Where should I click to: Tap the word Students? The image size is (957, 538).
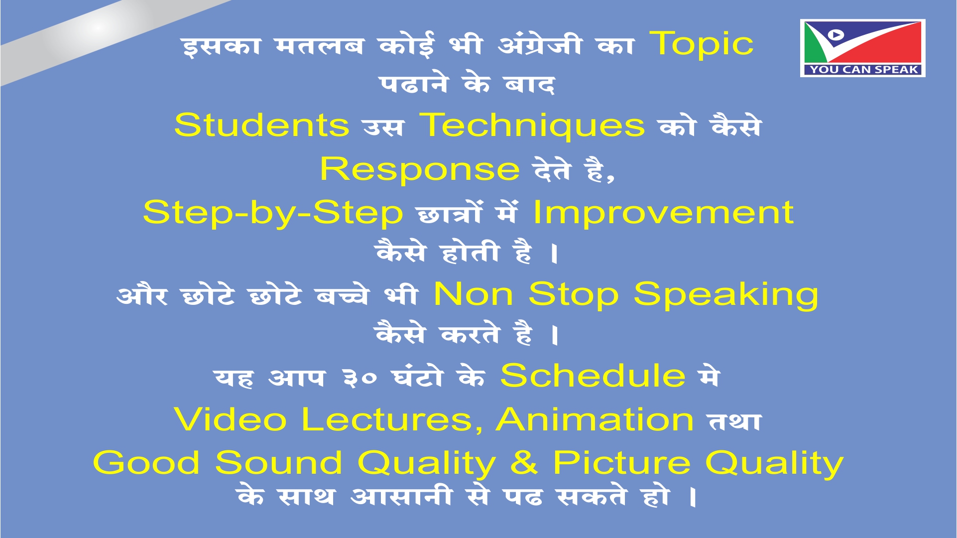[x=262, y=125]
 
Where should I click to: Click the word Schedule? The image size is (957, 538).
[x=593, y=375]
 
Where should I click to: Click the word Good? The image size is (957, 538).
[x=146, y=462]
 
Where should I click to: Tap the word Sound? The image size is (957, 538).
[x=278, y=462]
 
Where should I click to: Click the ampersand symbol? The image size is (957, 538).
[x=524, y=462]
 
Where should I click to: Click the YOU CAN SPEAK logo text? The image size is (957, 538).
[x=863, y=70]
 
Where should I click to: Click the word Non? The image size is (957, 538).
[x=474, y=294]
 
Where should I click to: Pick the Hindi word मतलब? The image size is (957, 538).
[x=319, y=46]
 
